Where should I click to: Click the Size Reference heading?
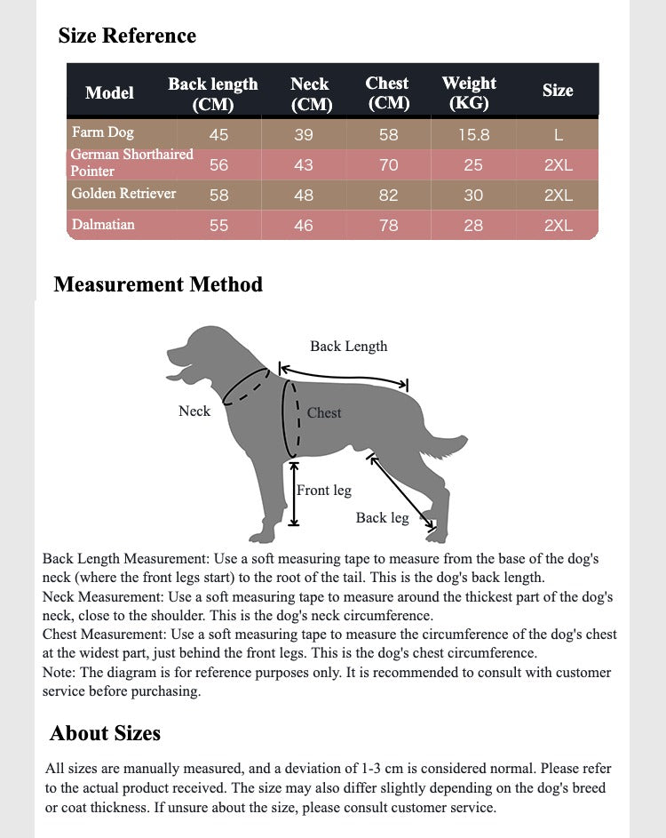127,36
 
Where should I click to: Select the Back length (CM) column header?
213,93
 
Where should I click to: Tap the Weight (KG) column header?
469,92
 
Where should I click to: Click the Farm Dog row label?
103,132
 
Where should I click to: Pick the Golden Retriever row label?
123,193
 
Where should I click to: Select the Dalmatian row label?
103,224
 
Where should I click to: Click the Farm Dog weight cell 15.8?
473,135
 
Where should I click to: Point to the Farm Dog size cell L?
558,135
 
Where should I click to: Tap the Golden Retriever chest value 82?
388,196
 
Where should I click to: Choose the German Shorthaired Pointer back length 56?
218,165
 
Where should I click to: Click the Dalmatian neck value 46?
304,226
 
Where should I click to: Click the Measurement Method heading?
158,284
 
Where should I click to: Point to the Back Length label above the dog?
348,347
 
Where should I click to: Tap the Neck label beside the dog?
194,411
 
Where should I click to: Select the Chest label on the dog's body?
324,412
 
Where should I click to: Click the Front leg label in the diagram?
324,490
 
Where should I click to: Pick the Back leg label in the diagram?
382,517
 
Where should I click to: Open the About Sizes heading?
105,733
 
